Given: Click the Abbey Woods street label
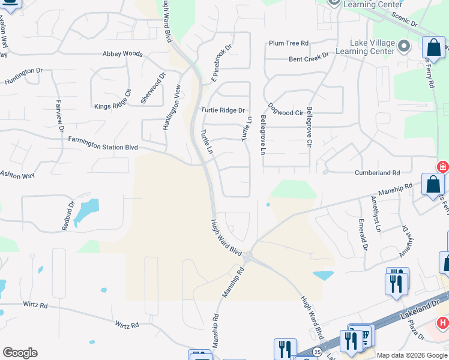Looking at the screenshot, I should tap(122, 54).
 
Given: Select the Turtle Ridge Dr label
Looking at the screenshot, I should tap(223, 110).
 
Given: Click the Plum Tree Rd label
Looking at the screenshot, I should tap(289, 43).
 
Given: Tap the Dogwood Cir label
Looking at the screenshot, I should tap(286, 109).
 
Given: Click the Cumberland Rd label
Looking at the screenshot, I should tap(379, 173).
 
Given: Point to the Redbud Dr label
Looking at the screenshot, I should tap(68, 215).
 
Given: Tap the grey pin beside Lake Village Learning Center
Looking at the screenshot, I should tap(405, 46).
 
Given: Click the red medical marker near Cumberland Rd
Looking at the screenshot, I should tap(443, 167).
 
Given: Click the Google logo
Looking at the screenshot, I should tap(20, 353).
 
